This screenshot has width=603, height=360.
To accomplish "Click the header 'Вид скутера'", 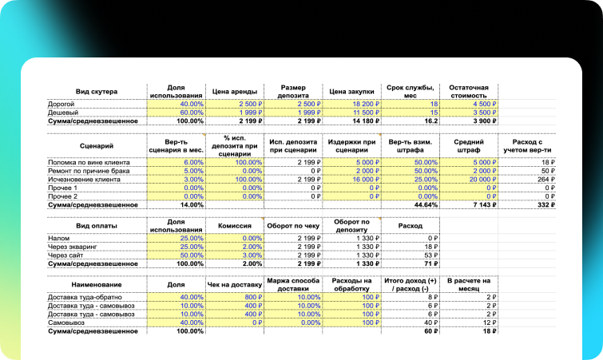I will pyautogui.click(x=96, y=91).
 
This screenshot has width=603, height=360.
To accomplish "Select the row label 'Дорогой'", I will pyautogui.click(x=62, y=104).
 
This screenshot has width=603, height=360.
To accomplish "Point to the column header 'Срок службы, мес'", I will pyautogui.click(x=411, y=91).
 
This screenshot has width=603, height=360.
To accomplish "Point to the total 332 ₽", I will pyautogui.click(x=544, y=205).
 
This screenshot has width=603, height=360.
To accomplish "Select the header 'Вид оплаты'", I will pyautogui.click(x=96, y=226).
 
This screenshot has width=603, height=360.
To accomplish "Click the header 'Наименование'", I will pyautogui.click(x=96, y=283).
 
